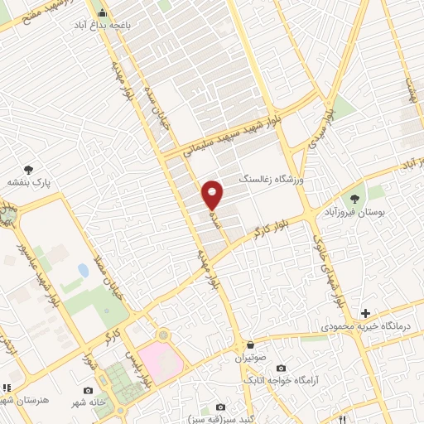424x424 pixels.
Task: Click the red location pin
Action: pyautogui.click(x=213, y=195)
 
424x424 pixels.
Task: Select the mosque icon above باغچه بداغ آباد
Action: pyautogui.click(x=103, y=13)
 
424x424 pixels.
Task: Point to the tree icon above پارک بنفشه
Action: pyautogui.click(x=30, y=168)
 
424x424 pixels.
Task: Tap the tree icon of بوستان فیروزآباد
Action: pyautogui.click(x=355, y=199)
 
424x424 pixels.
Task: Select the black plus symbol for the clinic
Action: pyautogui.click(x=365, y=312)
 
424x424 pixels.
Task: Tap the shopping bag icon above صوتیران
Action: pyautogui.click(x=248, y=344)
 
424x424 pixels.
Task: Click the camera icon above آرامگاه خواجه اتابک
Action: pyautogui.click(x=281, y=368)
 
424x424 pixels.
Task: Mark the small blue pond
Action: pyautogui.click(x=83, y=271)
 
